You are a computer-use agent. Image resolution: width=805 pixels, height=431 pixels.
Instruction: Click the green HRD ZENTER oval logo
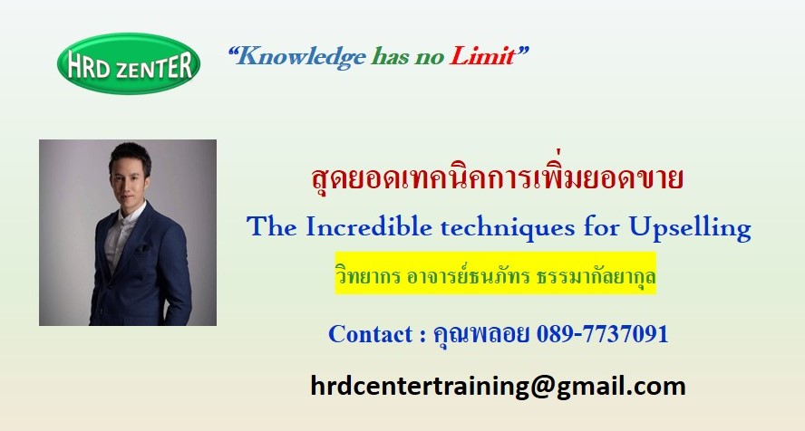coord(129,63)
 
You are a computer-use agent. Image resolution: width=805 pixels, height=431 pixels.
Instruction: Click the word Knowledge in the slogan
coord(302,56)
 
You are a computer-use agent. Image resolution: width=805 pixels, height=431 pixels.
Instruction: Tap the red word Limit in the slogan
coord(482,55)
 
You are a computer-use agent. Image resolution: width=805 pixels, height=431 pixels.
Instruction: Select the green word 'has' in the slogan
coord(391,56)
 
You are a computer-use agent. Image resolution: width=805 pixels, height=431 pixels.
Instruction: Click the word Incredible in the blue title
coord(368,226)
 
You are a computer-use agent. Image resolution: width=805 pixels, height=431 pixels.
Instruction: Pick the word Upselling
coord(690,228)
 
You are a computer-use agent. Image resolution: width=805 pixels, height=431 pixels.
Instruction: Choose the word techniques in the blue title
coord(508,228)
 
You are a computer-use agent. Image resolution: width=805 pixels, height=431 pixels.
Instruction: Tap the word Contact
coord(371,334)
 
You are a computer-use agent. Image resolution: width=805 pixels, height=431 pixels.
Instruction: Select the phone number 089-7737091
coord(602,334)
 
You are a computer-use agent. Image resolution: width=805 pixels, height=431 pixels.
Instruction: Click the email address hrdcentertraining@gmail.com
coord(498,387)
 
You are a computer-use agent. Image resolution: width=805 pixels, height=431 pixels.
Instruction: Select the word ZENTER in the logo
coord(153,67)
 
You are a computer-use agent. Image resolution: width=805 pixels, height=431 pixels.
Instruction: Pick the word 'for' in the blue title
coord(601,226)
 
